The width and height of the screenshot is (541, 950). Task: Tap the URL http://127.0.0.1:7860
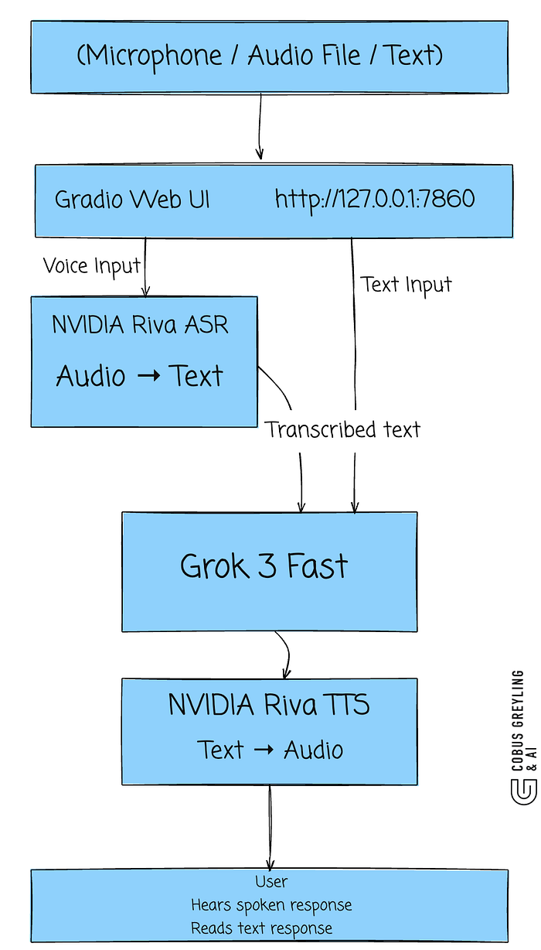[375, 199]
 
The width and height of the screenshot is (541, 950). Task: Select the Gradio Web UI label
[132, 199]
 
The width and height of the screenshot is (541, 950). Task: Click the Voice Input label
[91, 266]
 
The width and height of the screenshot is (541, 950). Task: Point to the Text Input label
[406, 285]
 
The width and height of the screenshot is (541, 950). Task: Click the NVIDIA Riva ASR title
[140, 325]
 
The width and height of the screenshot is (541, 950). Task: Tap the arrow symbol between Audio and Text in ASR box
[149, 375]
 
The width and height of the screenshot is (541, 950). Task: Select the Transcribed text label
[342, 429]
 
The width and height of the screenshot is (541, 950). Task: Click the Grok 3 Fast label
[264, 566]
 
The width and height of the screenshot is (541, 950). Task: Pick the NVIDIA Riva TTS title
[269, 705]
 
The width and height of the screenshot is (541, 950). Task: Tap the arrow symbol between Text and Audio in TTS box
[264, 750]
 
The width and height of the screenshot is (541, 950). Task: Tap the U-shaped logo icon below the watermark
[524, 791]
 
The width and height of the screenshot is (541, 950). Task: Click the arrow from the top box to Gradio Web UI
[260, 126]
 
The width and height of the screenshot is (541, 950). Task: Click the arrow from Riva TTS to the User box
[270, 827]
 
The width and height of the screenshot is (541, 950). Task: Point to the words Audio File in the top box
[304, 55]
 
